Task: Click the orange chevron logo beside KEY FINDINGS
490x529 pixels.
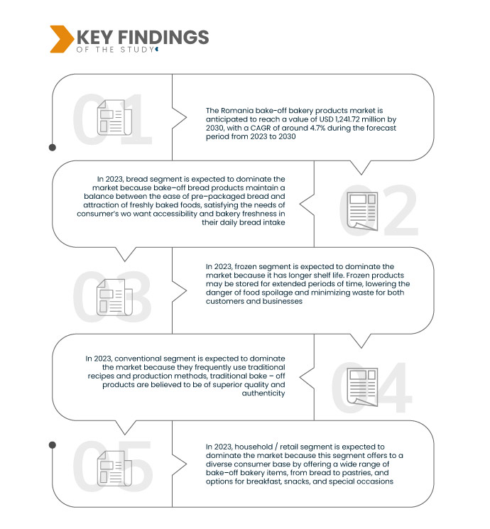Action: coord(61,39)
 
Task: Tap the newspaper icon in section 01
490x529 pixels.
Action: coord(111,118)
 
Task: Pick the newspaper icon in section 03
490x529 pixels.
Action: coord(111,297)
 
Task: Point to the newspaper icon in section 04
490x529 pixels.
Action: coord(361,385)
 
